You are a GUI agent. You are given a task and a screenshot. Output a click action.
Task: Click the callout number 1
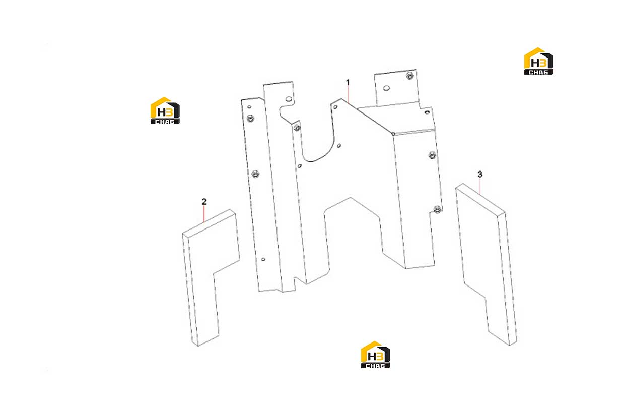pyautogui.click(x=348, y=82)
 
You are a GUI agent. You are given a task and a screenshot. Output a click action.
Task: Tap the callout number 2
pyautogui.click(x=204, y=201)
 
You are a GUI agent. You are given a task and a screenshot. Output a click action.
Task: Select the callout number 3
pyautogui.click(x=480, y=174)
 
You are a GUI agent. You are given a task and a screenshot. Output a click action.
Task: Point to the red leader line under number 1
pyautogui.click(x=348, y=95)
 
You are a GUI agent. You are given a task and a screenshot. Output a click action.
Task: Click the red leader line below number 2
pyautogui.click(x=204, y=214)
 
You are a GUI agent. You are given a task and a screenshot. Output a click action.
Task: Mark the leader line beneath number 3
pyautogui.click(x=480, y=186)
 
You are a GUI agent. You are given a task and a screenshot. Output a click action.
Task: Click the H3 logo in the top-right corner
pyautogui.click(x=538, y=61)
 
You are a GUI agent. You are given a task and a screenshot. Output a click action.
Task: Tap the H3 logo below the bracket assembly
pyautogui.click(x=376, y=355)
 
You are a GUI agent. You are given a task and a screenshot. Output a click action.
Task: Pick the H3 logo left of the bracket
pyautogui.click(x=165, y=110)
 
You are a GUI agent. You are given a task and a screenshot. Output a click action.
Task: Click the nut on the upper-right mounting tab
pyautogui.click(x=409, y=76)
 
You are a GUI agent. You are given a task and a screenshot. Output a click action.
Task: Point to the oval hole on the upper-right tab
pyautogui.click(x=386, y=88)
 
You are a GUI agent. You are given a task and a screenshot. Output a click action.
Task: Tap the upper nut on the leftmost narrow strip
pyautogui.click(x=250, y=118)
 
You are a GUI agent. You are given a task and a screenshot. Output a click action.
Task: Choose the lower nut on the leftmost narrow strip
pyautogui.click(x=255, y=174)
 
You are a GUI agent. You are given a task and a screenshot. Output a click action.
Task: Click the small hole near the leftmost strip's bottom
pyautogui.click(x=263, y=259)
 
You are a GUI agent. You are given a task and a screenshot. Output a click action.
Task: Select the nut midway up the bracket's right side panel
pyautogui.click(x=432, y=155)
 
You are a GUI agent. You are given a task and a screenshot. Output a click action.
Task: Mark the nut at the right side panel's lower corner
pyautogui.click(x=437, y=209)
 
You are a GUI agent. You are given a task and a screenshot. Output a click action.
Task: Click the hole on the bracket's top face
pyautogui.click(x=427, y=112)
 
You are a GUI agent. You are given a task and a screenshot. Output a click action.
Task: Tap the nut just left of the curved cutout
pyautogui.click(x=297, y=128)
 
